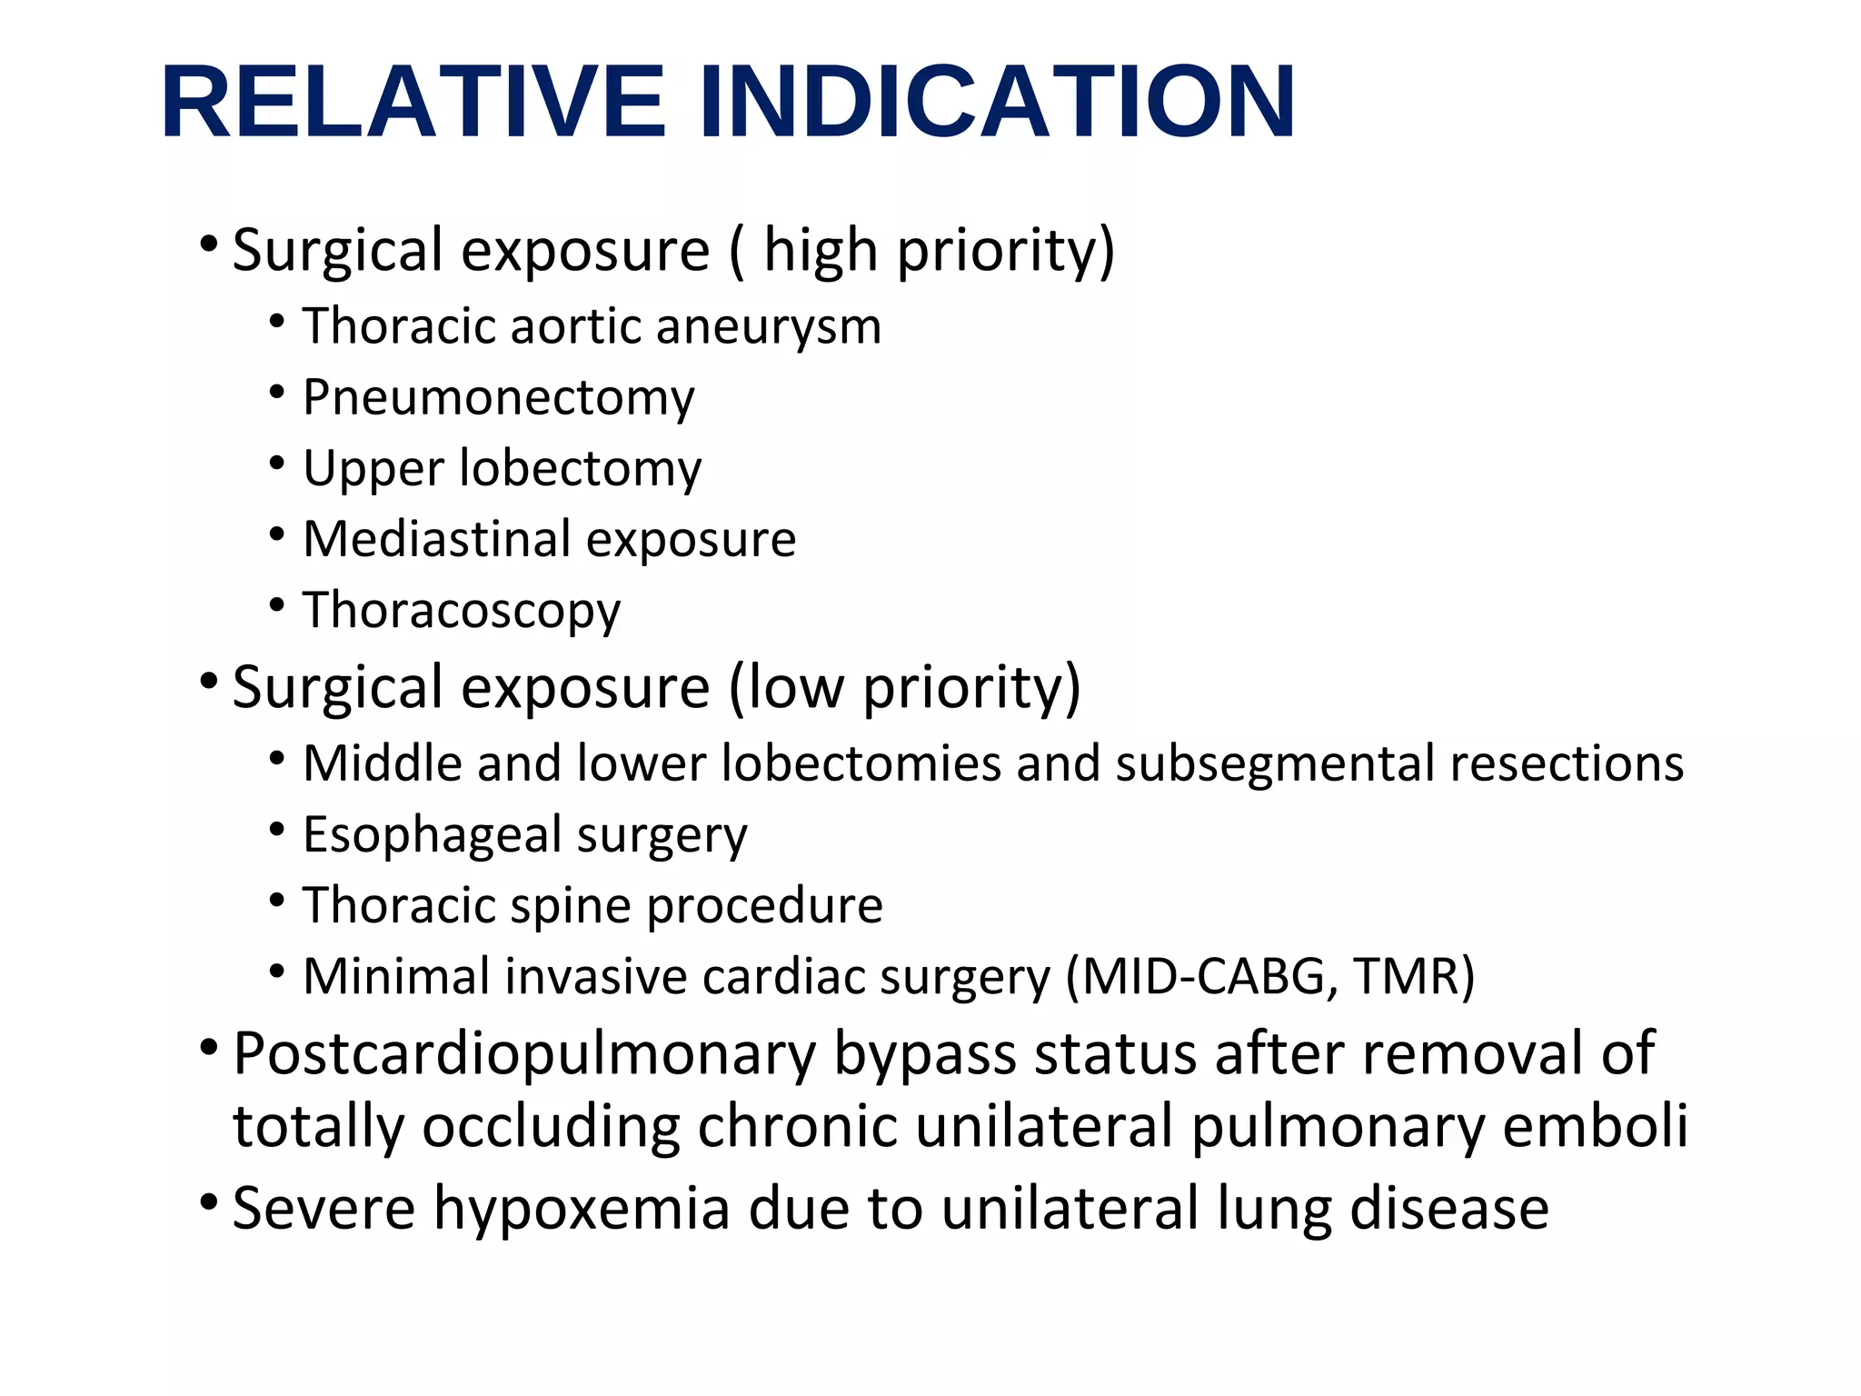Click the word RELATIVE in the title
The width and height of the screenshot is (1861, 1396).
click(x=413, y=102)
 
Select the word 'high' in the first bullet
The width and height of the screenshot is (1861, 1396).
click(x=821, y=250)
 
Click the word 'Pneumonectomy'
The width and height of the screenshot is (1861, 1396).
click(x=498, y=398)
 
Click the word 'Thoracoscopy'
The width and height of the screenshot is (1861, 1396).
click(x=462, y=611)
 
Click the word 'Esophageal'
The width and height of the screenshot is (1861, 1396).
click(x=431, y=835)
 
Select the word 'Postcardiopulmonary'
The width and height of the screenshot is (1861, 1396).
click(x=524, y=1055)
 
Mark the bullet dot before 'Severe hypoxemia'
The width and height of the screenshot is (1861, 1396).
click(x=209, y=1204)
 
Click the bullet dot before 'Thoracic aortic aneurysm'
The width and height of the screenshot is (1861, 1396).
click(x=278, y=321)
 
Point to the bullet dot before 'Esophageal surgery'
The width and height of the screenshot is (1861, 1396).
click(x=278, y=829)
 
